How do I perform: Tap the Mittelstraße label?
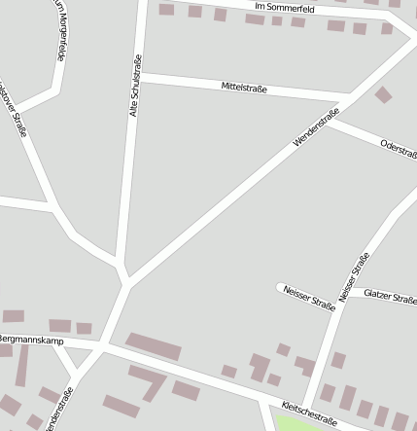pyautogui.click(x=244, y=89)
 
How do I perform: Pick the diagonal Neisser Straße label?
pyautogui.click(x=354, y=276)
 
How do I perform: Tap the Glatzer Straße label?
pyautogui.click(x=391, y=295)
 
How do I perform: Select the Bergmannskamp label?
pyautogui.click(x=30, y=340)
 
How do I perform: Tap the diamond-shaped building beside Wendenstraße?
pyautogui.click(x=384, y=94)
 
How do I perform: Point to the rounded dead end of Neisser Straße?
pyautogui.click(x=281, y=288)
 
